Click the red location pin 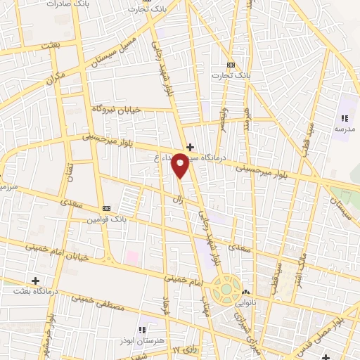point(181,165)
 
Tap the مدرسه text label point(345,129)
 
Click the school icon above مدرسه point(345,118)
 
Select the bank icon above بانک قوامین point(107,208)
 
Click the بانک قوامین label point(107,219)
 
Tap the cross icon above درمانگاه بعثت point(35,281)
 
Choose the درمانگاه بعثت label point(35,291)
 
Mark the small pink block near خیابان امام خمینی point(132,257)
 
